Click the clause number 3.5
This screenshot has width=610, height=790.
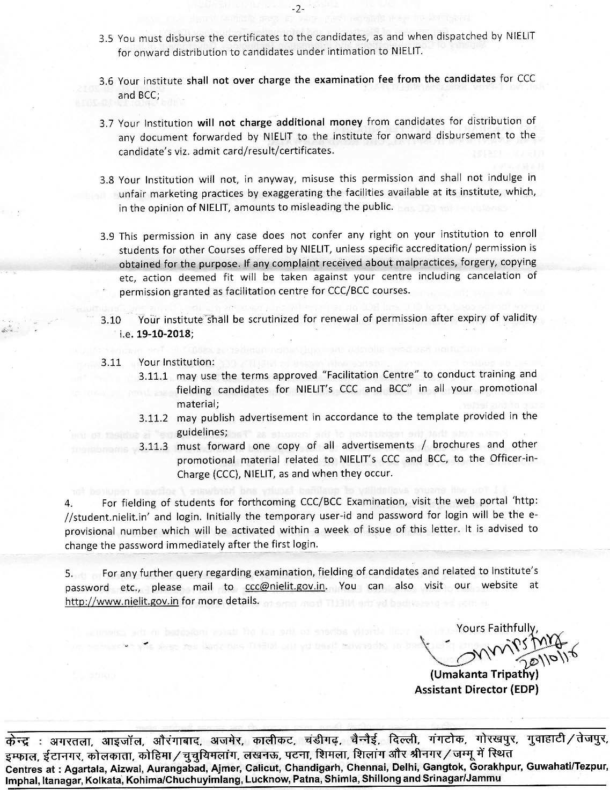click(x=106, y=39)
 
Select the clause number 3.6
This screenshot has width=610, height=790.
click(x=106, y=82)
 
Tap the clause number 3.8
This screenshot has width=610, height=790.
click(x=106, y=180)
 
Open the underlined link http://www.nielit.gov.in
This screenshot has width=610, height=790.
click(x=121, y=600)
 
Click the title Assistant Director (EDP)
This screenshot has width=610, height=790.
click(x=476, y=689)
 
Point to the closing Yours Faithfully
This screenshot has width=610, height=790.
click(x=496, y=627)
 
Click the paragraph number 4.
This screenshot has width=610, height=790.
click(x=69, y=503)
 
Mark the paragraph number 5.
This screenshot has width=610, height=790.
click(x=68, y=573)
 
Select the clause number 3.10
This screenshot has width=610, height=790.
click(x=111, y=319)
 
